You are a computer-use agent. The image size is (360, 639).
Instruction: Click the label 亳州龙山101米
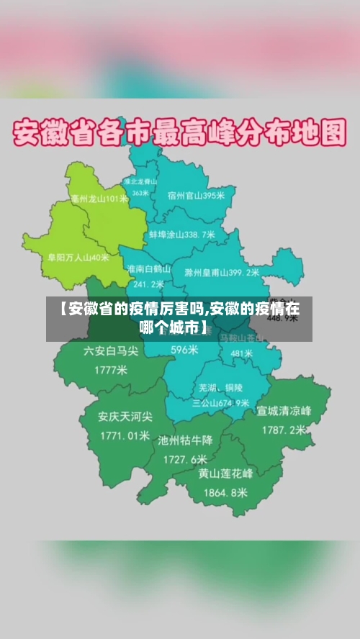coord(99,199)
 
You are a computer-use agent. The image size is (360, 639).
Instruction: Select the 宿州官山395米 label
coord(196,195)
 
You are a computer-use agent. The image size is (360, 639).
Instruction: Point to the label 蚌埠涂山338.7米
coord(182,235)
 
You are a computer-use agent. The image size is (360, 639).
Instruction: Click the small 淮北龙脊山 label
coord(140,183)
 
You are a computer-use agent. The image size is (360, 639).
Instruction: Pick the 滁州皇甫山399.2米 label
coord(222,273)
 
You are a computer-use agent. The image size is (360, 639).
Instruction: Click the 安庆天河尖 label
coord(125,417)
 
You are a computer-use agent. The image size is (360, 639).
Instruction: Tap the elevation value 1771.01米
coord(125,435)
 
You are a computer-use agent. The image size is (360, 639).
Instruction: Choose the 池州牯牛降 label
coord(185,440)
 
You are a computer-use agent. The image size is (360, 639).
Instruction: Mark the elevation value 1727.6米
coord(185,459)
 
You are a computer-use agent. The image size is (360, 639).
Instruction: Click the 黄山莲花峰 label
coord(225,474)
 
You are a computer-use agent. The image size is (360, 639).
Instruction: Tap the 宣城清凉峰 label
coord(284,412)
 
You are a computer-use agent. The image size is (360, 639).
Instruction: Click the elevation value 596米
coord(184,350)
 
